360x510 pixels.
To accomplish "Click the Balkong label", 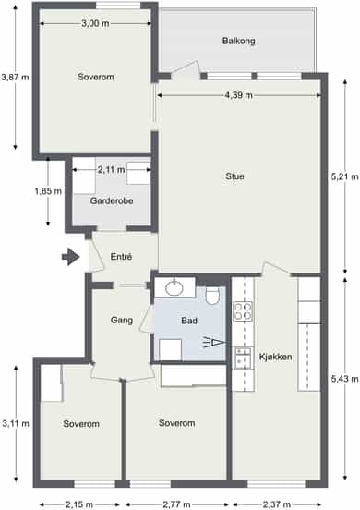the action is pos(238,41).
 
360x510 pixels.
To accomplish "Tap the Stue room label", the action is pos(234,176).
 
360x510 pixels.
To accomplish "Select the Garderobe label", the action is pos(112,200).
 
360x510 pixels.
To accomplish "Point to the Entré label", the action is pos(121,257).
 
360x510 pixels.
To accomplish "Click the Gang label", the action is pos(122,320).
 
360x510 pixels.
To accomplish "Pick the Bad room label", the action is pos(189,321).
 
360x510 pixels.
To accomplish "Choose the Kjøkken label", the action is pos(275,357).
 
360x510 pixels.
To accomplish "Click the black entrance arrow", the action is pos(70,257).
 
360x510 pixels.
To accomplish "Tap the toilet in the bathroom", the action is pos(213,296).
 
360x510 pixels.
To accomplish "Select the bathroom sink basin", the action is pos(174,288).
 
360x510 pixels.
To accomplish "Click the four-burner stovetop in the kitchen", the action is pos(243,311).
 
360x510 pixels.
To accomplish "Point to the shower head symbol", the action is pos(214,343).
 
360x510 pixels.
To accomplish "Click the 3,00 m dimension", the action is pos(95,23).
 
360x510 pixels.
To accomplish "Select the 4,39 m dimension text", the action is pos(239,95).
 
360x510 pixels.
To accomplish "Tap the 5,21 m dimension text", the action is pos(344,176).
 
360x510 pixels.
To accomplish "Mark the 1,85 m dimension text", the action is pos(48,191).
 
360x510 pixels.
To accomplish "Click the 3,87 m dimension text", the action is pos(15,78).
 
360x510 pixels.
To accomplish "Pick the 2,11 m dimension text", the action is pos(111,170).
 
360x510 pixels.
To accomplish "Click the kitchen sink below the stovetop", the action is pos(243,358).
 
